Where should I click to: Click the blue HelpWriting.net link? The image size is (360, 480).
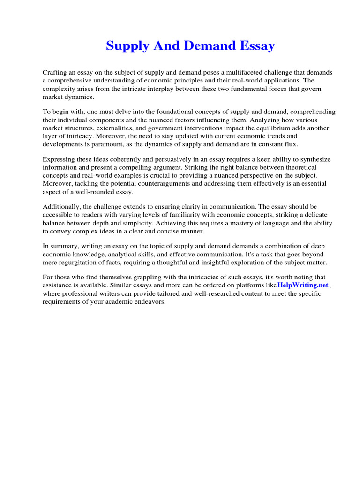coord(303,285)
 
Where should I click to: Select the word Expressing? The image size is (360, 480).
coord(60,159)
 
